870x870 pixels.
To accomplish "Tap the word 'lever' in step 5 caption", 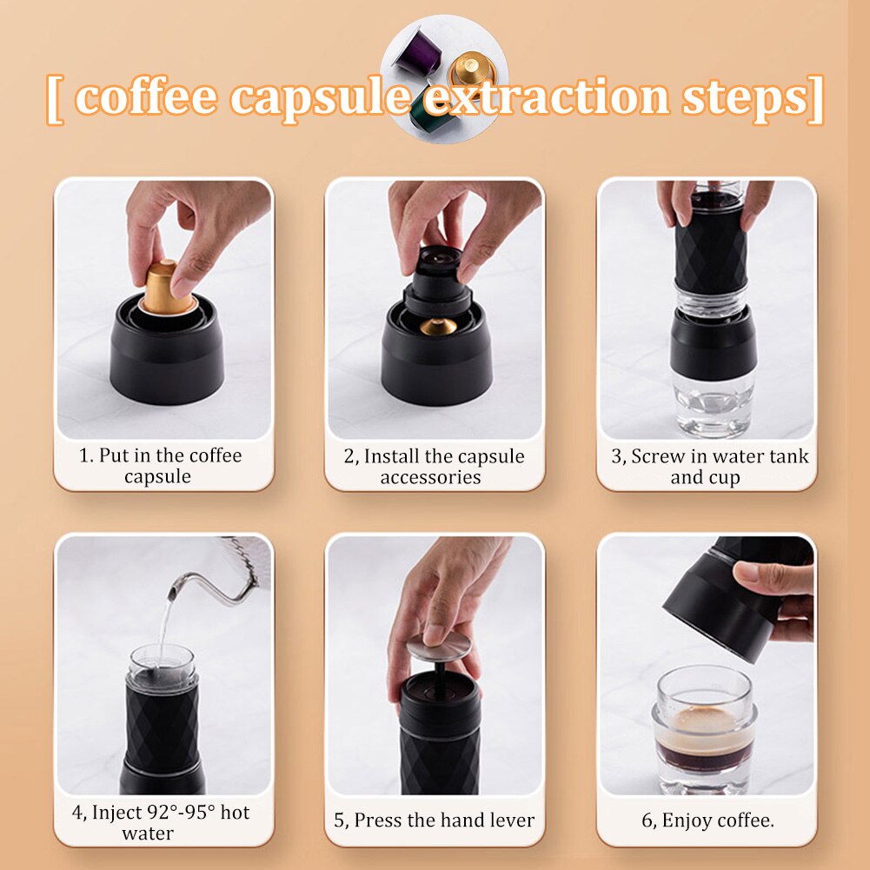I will click(508, 820).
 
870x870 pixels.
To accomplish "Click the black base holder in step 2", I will click(436, 365).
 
